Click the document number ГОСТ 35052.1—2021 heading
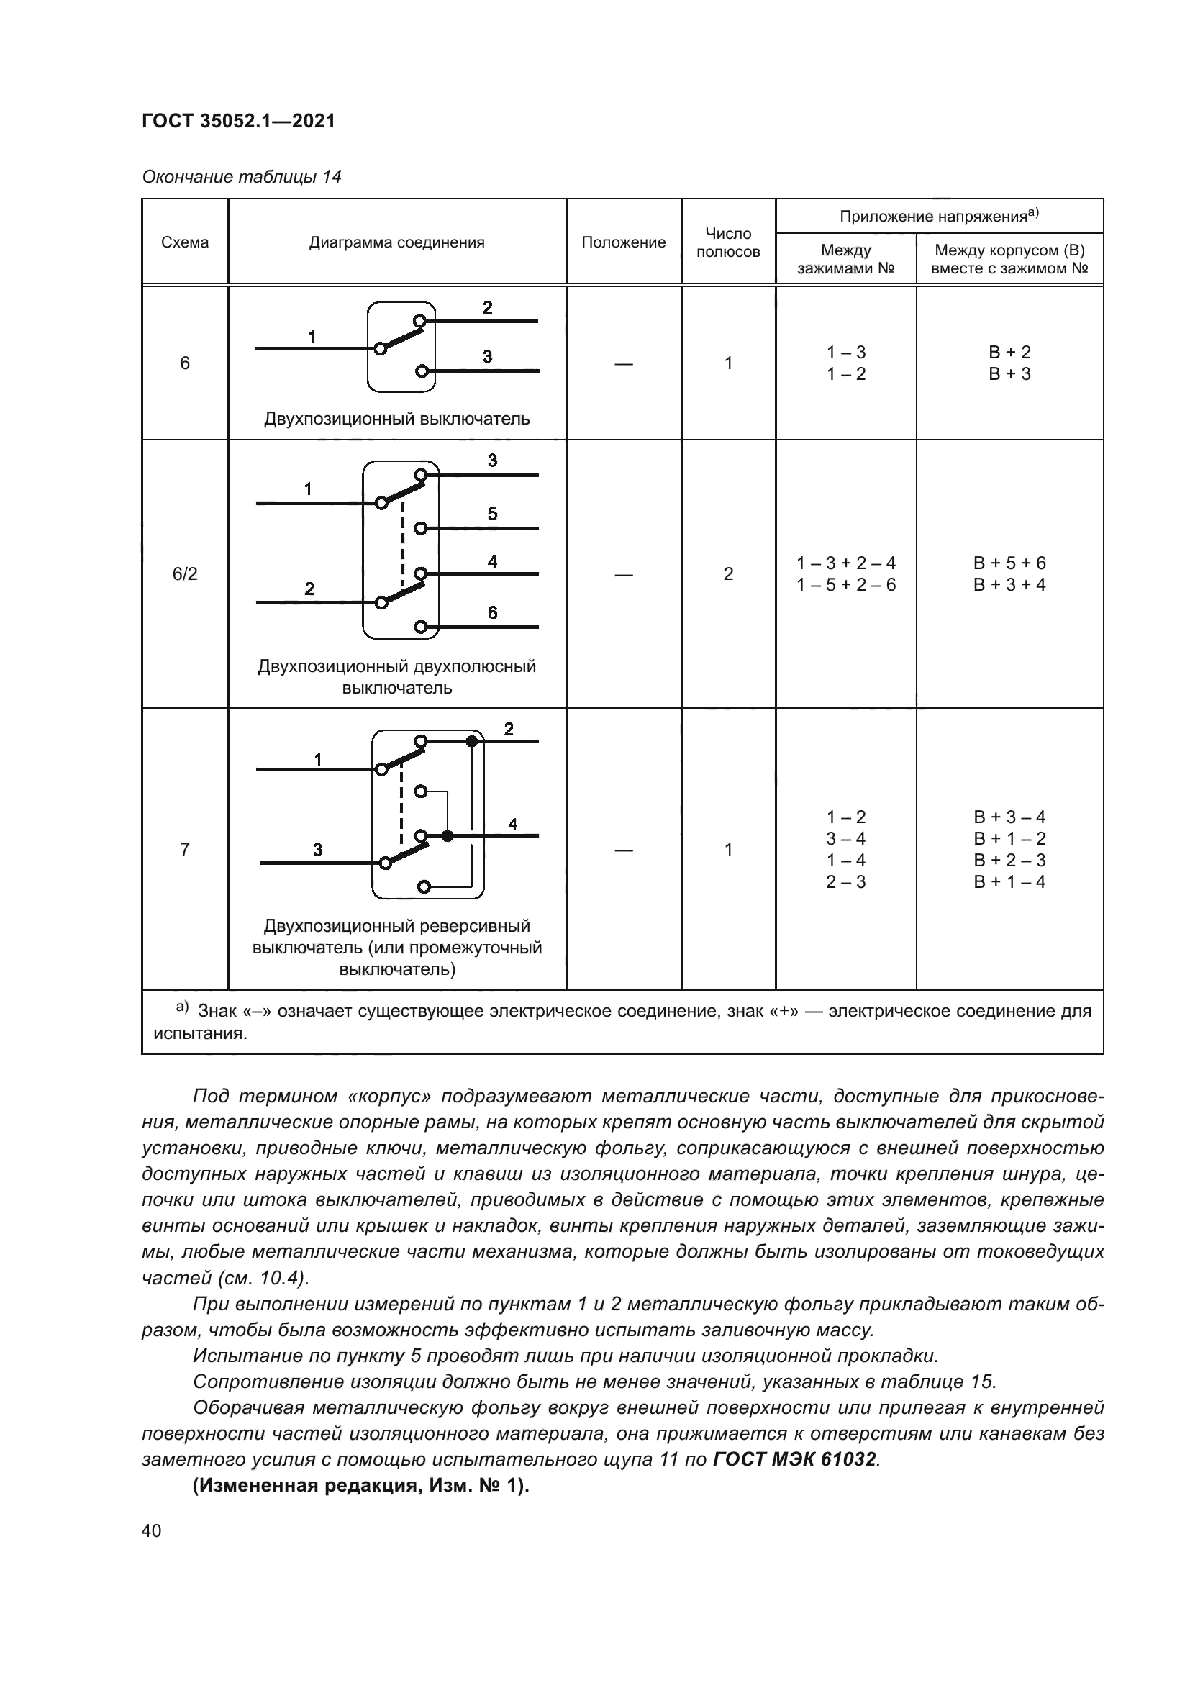[238, 121]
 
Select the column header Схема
[185, 242]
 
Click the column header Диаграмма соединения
[396, 242]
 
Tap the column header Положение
[623, 242]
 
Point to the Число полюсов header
[727, 242]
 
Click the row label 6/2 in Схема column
[185, 574]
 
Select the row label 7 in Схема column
[185, 850]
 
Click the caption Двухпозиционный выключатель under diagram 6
[396, 419]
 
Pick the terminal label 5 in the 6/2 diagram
[492, 514]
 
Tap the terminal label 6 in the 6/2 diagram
[492, 613]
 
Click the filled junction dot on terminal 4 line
[448, 835]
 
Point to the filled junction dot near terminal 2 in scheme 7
[472, 742]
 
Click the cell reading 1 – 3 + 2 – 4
[845, 563]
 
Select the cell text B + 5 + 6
[1009, 563]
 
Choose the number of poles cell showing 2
[727, 574]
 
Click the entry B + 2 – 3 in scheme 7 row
[1009, 860]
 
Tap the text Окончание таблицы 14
[241, 178]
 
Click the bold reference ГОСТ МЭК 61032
[794, 1459]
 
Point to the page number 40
[151, 1530]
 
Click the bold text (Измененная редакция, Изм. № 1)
[360, 1486]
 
